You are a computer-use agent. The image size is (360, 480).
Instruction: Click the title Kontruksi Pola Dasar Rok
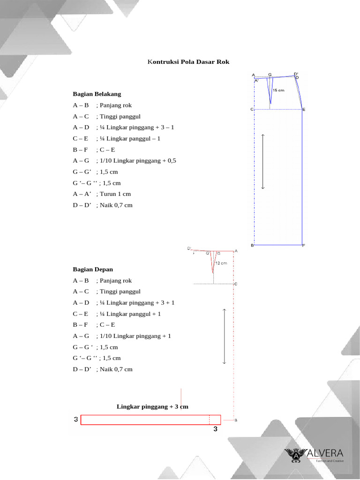pos(188,62)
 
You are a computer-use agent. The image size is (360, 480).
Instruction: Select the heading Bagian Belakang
pos(97,94)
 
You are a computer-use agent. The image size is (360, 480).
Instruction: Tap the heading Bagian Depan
pos(93,270)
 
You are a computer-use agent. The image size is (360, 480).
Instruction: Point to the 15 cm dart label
pos(278,90)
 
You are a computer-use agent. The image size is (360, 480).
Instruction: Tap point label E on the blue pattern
pos(304,110)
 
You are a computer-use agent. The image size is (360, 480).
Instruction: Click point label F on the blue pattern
pos(304,246)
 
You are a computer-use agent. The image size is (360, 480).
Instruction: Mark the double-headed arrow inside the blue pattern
pos(263,162)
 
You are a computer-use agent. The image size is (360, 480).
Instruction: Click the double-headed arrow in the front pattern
pos(225,336)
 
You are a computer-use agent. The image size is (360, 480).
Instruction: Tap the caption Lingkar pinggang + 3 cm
pos(152,406)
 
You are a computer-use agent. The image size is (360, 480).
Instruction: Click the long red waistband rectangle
pos(150,420)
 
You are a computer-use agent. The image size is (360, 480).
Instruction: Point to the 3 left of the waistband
pos(76,420)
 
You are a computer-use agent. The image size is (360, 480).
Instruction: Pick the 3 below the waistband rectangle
pos(216,429)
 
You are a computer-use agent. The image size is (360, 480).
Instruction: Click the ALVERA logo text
pos(325,453)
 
